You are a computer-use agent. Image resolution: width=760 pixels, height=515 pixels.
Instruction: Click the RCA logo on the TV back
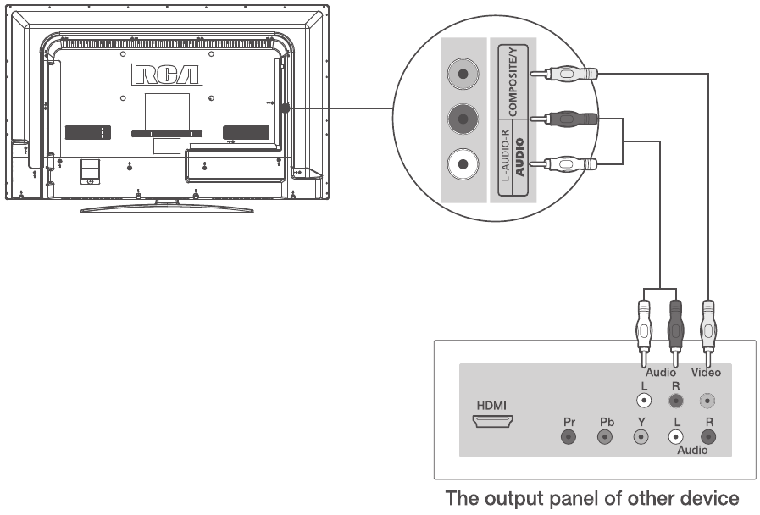166,75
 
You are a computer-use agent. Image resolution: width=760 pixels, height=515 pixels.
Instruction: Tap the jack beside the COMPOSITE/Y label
462,74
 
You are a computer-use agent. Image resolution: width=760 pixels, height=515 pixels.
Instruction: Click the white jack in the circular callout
462,162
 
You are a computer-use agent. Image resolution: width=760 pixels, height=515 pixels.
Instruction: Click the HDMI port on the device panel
491,420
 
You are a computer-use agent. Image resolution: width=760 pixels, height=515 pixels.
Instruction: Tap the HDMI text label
491,405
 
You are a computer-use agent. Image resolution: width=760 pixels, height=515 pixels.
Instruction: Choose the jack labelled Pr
569,437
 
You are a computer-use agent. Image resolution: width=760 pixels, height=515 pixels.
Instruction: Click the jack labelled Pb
605,437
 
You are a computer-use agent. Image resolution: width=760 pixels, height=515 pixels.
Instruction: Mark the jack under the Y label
641,437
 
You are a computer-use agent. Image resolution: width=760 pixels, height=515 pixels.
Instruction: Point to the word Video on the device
706,372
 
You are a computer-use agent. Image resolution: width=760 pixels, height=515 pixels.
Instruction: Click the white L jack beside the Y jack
675,437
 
